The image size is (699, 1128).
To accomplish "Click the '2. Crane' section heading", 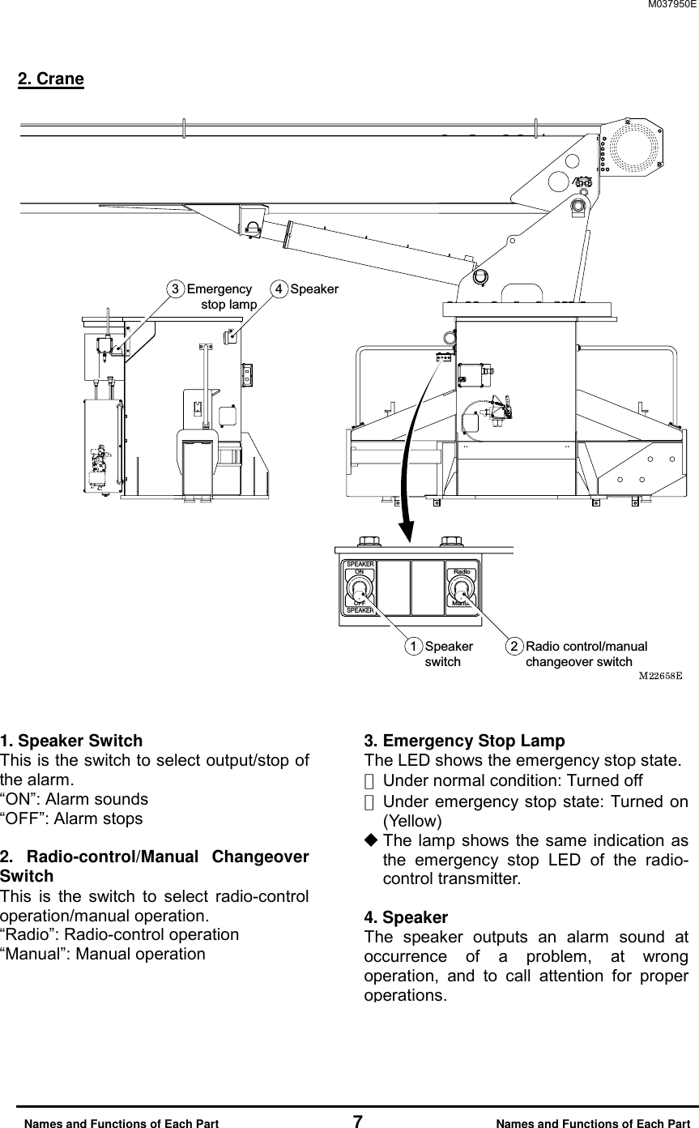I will click(x=51, y=79).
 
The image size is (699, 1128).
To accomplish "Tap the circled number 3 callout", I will click(x=173, y=289).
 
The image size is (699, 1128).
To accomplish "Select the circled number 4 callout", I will click(x=279, y=289).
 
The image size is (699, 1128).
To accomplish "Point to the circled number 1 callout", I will click(x=413, y=647).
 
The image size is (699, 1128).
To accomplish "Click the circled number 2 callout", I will click(x=514, y=647).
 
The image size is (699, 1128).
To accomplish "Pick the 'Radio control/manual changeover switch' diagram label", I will click(x=586, y=654).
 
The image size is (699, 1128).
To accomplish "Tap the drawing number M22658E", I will click(x=660, y=674).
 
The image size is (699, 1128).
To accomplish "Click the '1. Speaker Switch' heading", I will click(x=71, y=741).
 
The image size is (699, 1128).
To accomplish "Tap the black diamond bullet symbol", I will click(x=371, y=840).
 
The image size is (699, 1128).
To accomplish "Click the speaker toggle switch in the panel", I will click(x=360, y=587).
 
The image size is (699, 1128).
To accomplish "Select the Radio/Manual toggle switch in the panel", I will click(x=462, y=588).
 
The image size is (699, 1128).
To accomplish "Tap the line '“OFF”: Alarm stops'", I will click(x=71, y=818).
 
